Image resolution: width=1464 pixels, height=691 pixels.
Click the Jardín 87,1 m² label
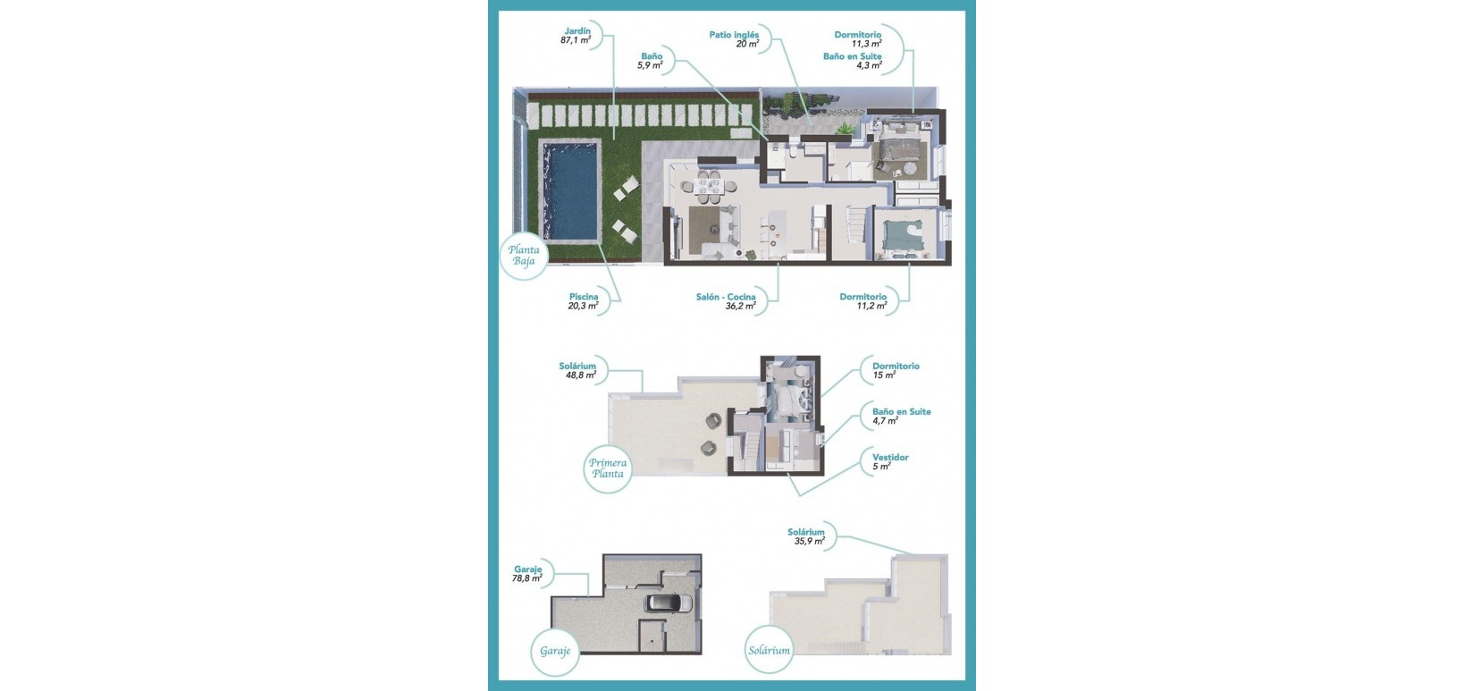(x=576, y=36)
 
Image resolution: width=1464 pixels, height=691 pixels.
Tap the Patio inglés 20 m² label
(x=734, y=39)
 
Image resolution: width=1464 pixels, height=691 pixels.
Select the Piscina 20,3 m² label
(x=584, y=301)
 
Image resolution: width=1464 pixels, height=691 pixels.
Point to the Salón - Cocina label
(x=726, y=301)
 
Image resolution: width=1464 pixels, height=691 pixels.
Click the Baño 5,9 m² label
(x=652, y=61)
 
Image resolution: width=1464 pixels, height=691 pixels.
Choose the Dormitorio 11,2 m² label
(x=862, y=301)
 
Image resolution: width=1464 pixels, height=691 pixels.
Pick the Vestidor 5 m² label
(x=889, y=461)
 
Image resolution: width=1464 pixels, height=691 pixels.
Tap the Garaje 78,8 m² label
(x=527, y=574)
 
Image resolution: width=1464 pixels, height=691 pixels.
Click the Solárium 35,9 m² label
(x=806, y=536)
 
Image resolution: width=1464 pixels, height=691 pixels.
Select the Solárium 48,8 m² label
(x=577, y=371)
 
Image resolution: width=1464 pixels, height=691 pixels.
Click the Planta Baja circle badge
(x=524, y=256)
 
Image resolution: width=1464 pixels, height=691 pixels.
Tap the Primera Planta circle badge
(x=608, y=468)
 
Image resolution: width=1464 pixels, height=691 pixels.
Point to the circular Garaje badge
(x=555, y=651)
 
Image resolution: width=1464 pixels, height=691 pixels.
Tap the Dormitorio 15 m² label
(x=895, y=370)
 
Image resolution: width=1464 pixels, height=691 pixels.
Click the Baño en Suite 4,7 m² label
(x=901, y=416)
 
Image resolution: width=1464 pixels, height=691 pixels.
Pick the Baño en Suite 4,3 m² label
(x=852, y=61)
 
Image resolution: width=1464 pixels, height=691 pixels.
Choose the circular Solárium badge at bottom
(x=769, y=651)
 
